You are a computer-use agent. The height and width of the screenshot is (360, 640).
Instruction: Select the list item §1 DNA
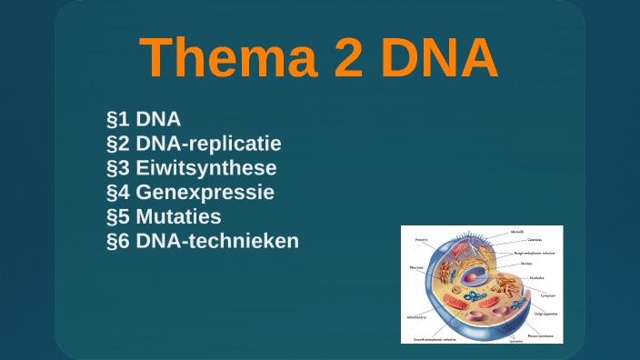click(x=144, y=119)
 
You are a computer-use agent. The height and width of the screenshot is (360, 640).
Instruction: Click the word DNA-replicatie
click(x=208, y=144)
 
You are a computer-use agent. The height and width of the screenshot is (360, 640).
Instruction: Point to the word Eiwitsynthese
click(x=205, y=168)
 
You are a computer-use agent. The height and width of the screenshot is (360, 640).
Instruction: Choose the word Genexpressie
click(x=205, y=193)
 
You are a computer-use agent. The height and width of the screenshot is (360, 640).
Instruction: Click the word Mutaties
click(x=178, y=217)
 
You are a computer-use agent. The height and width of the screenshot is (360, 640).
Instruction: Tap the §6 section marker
click(x=118, y=242)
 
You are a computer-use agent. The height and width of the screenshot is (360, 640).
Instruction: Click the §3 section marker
click(x=118, y=168)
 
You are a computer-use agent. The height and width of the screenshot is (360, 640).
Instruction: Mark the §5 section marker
click(x=118, y=217)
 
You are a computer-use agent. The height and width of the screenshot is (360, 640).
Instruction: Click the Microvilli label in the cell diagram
click(x=516, y=233)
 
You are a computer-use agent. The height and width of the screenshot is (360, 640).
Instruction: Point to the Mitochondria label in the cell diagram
click(x=417, y=318)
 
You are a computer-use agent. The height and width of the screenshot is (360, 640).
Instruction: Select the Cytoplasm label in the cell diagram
click(x=546, y=295)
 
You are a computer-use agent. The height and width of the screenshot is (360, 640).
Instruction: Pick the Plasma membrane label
click(x=544, y=335)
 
